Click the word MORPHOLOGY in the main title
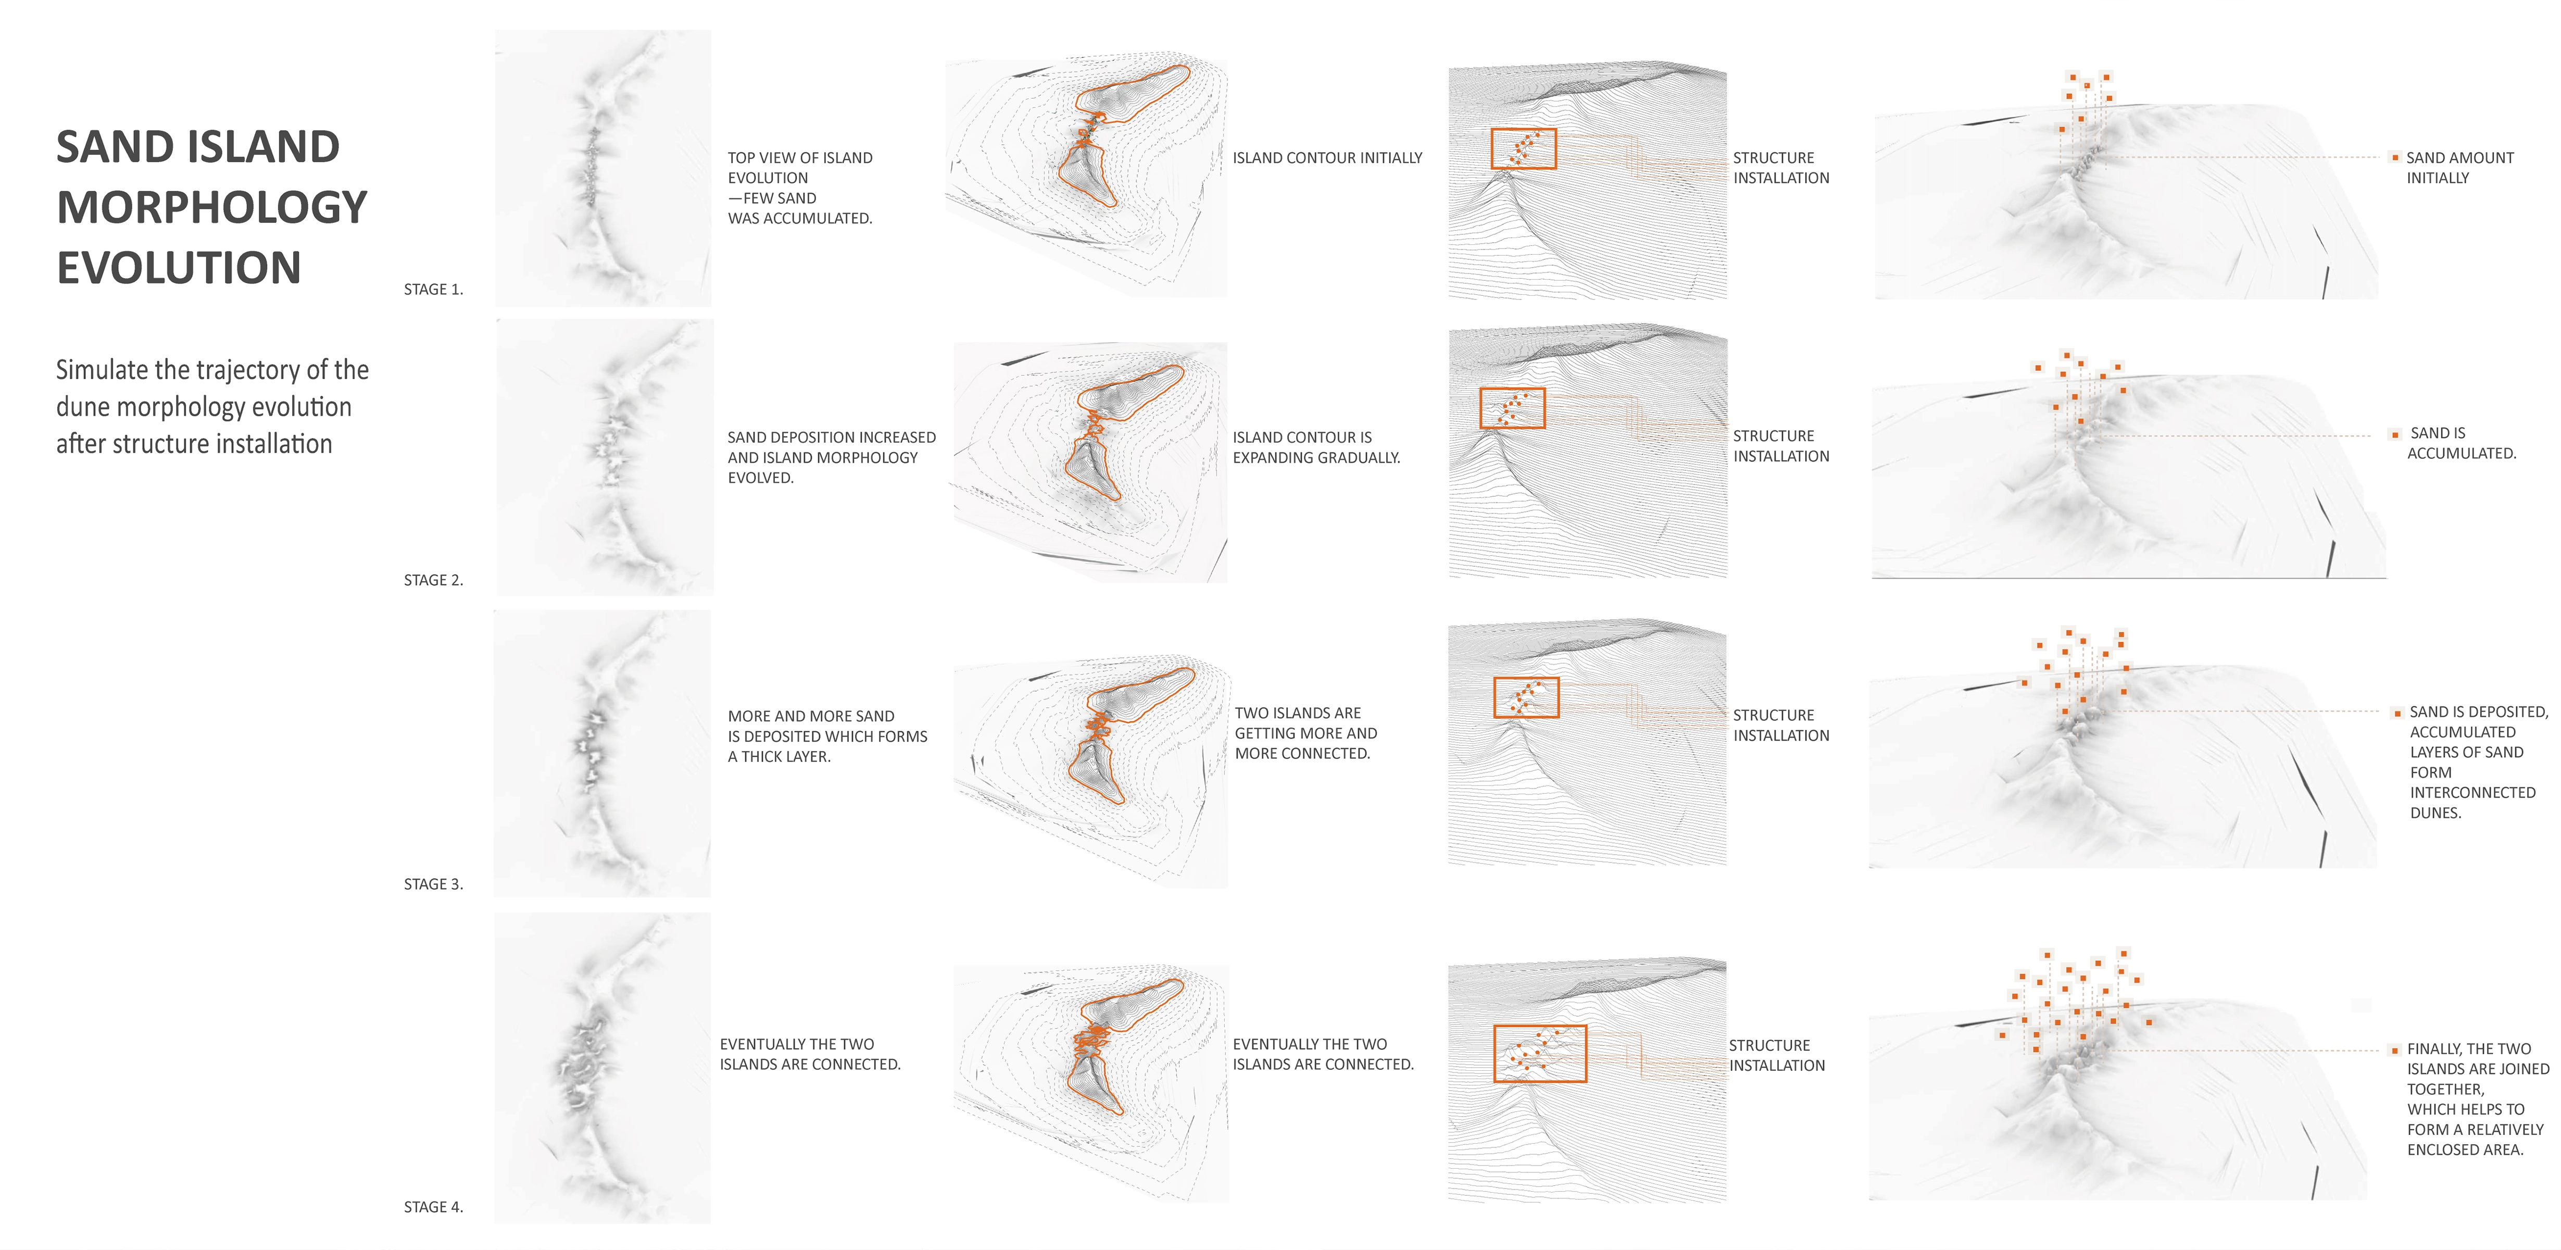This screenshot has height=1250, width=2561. pyautogui.click(x=212, y=207)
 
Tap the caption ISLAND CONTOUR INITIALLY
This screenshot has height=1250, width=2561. pyautogui.click(x=1327, y=158)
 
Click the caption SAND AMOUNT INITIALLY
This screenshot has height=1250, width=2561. pyautogui.click(x=2459, y=168)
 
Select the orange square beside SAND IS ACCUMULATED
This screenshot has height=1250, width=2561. pyautogui.click(x=2395, y=434)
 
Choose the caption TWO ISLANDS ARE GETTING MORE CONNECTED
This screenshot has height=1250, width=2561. pyautogui.click(x=1305, y=733)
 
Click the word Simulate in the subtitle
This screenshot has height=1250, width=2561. pyautogui.click(x=102, y=370)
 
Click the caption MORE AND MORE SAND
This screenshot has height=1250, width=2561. pyautogui.click(x=827, y=736)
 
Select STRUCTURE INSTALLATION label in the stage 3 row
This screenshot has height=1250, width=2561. pyautogui.click(x=1780, y=725)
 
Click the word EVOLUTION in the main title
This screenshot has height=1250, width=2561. pyautogui.click(x=179, y=268)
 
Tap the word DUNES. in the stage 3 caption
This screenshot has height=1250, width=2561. pyautogui.click(x=2435, y=813)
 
